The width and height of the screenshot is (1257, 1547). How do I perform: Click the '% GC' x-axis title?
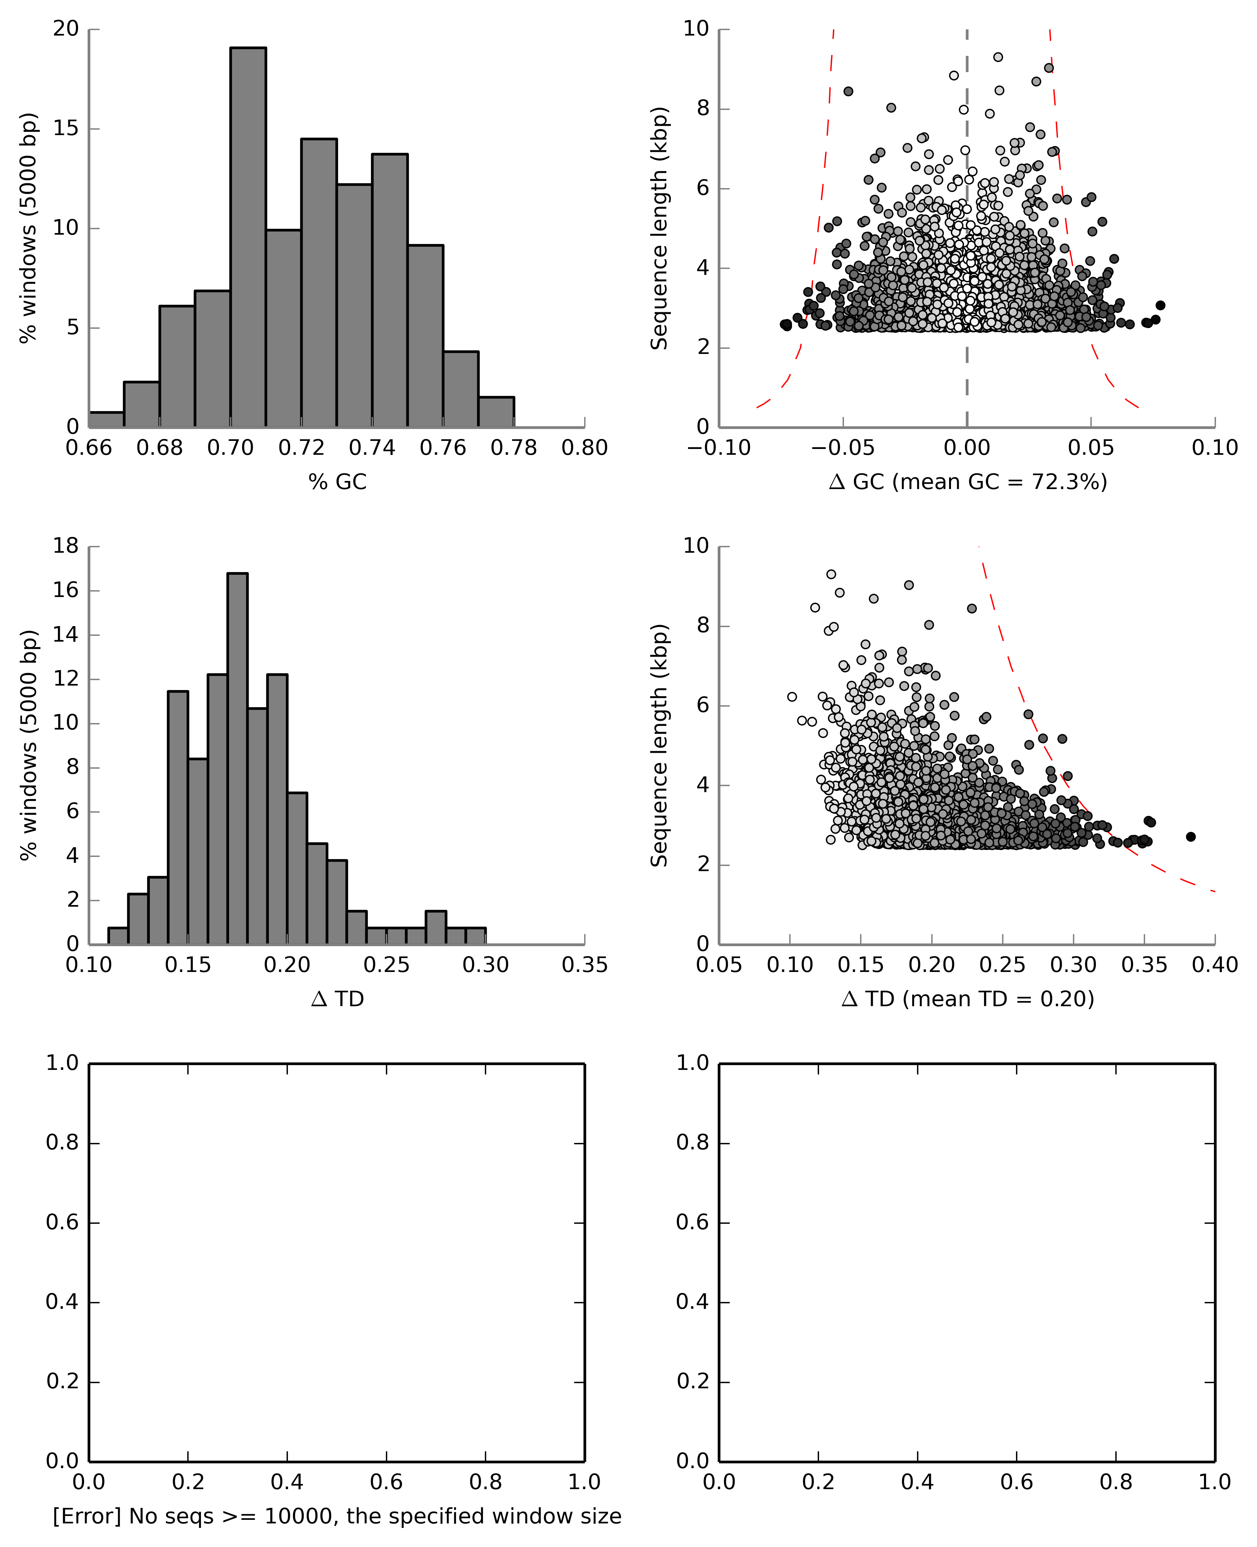click(337, 482)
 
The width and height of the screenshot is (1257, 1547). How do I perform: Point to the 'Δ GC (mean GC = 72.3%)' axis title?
click(967, 482)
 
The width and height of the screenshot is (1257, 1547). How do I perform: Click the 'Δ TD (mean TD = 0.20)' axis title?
click(967, 999)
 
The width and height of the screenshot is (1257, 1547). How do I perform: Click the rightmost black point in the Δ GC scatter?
click(1160, 305)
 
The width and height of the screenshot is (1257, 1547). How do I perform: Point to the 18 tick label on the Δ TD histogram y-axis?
click(66, 546)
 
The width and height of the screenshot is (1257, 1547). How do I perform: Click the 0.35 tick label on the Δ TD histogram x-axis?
click(584, 965)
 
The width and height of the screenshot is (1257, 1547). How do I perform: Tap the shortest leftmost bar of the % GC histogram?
click(106, 420)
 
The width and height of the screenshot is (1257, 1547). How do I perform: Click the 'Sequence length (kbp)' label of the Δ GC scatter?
click(659, 229)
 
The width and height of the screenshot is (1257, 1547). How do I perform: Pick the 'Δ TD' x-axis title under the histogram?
click(337, 999)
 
